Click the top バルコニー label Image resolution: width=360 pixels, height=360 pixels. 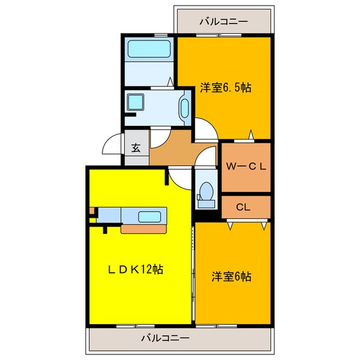click(x=223, y=21)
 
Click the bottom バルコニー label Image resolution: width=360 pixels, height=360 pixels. click(x=165, y=338)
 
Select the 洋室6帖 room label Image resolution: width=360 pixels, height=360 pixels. click(x=231, y=277)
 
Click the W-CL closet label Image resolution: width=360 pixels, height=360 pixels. click(x=245, y=166)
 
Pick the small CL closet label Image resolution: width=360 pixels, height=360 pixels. click(x=242, y=208)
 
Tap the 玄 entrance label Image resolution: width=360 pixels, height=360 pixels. click(x=136, y=148)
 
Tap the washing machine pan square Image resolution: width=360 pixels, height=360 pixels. click(x=136, y=102)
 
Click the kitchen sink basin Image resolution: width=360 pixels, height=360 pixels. click(x=148, y=216)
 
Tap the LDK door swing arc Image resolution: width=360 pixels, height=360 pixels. click(x=178, y=175)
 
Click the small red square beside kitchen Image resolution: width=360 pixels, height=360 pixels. click(x=92, y=211)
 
